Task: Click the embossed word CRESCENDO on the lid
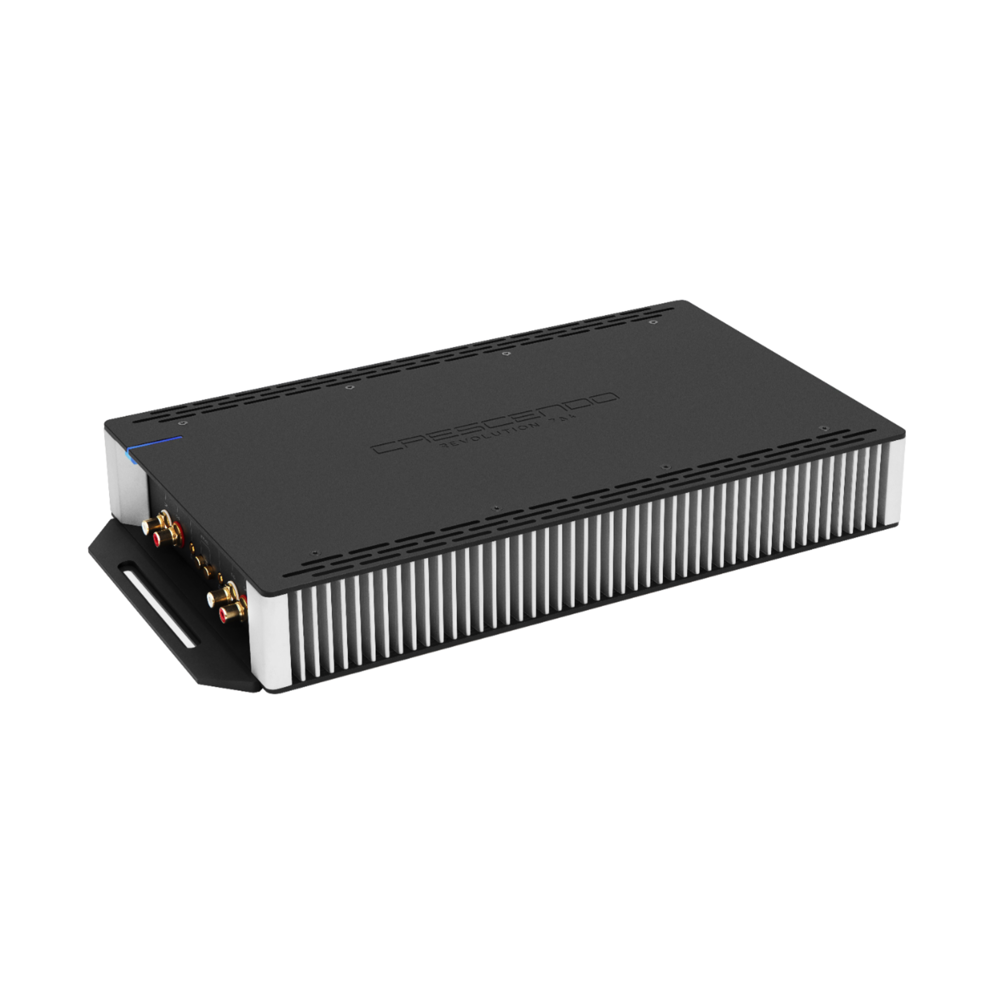pos(494,424)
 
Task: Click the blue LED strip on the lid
pos(154,442)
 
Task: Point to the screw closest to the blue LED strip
pos(180,423)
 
